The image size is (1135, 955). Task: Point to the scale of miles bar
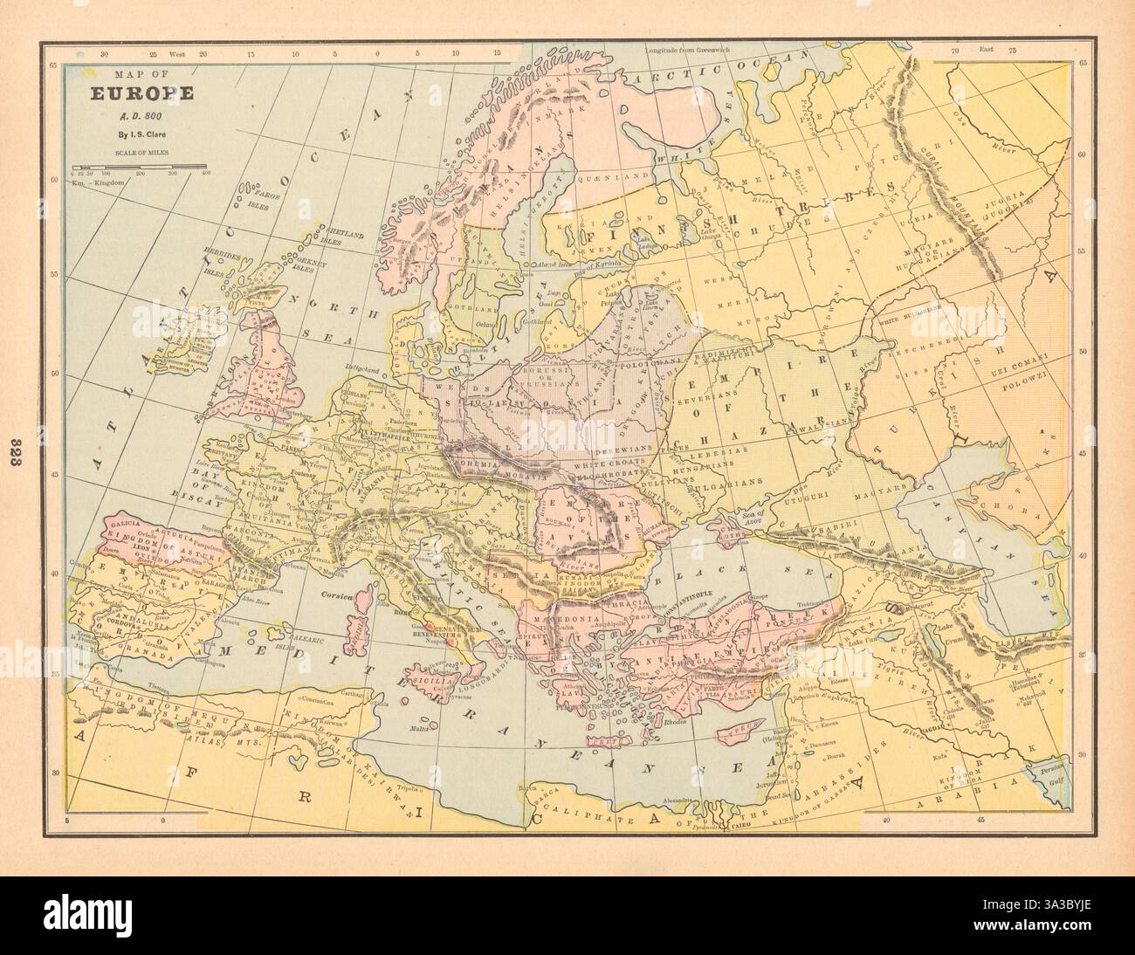coord(140,165)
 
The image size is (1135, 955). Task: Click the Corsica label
coord(334,597)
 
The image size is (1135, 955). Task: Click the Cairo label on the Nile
coord(740,824)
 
